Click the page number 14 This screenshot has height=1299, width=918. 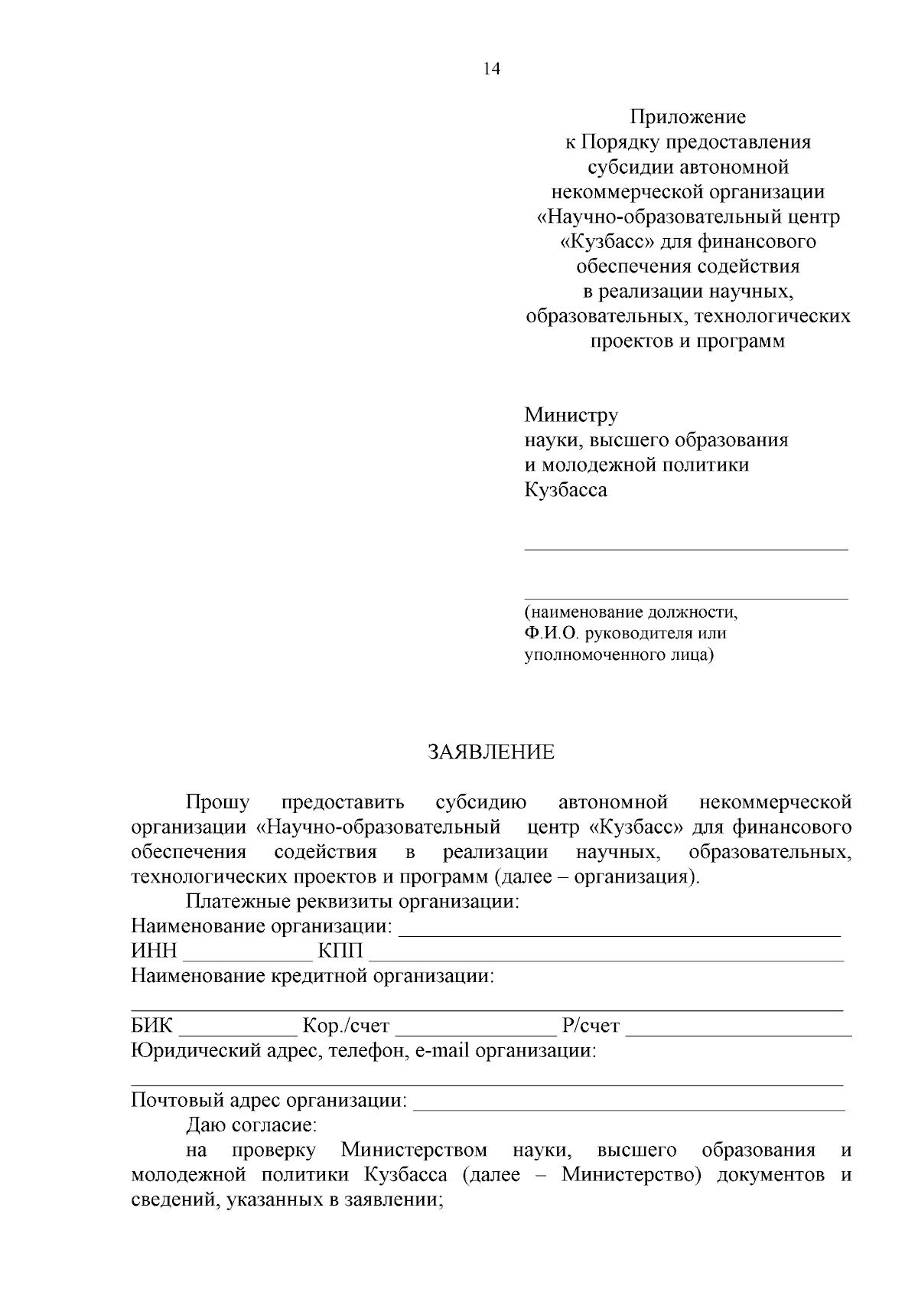point(491,70)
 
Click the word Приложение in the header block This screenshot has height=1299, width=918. point(687,117)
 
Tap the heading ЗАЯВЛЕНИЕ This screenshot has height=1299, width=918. point(490,752)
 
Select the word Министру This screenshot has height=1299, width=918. point(571,415)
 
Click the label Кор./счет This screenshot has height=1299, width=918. point(346,1026)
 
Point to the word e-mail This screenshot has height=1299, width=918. point(442,1050)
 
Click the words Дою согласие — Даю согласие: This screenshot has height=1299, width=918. point(251,1125)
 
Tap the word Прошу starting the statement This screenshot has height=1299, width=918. point(218,803)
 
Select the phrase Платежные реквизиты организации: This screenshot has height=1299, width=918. point(353,902)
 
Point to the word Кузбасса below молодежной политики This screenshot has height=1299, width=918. point(565,490)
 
